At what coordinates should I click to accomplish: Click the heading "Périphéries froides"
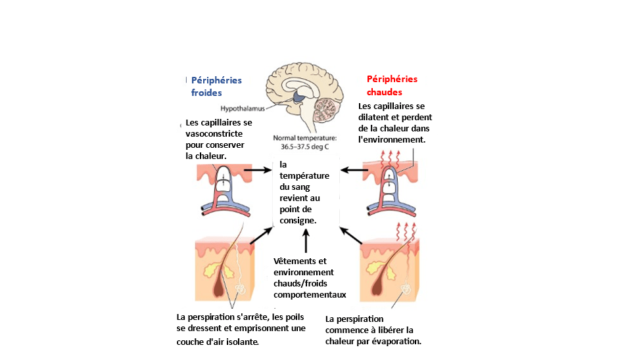pos(216,86)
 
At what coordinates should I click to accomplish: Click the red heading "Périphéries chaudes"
pos(392,85)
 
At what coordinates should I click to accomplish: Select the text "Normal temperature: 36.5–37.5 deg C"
pos(304,142)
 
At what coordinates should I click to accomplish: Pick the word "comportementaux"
pos(310,294)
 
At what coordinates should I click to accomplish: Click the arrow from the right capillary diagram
pos(354,169)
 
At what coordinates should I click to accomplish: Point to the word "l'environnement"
pos(392,140)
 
